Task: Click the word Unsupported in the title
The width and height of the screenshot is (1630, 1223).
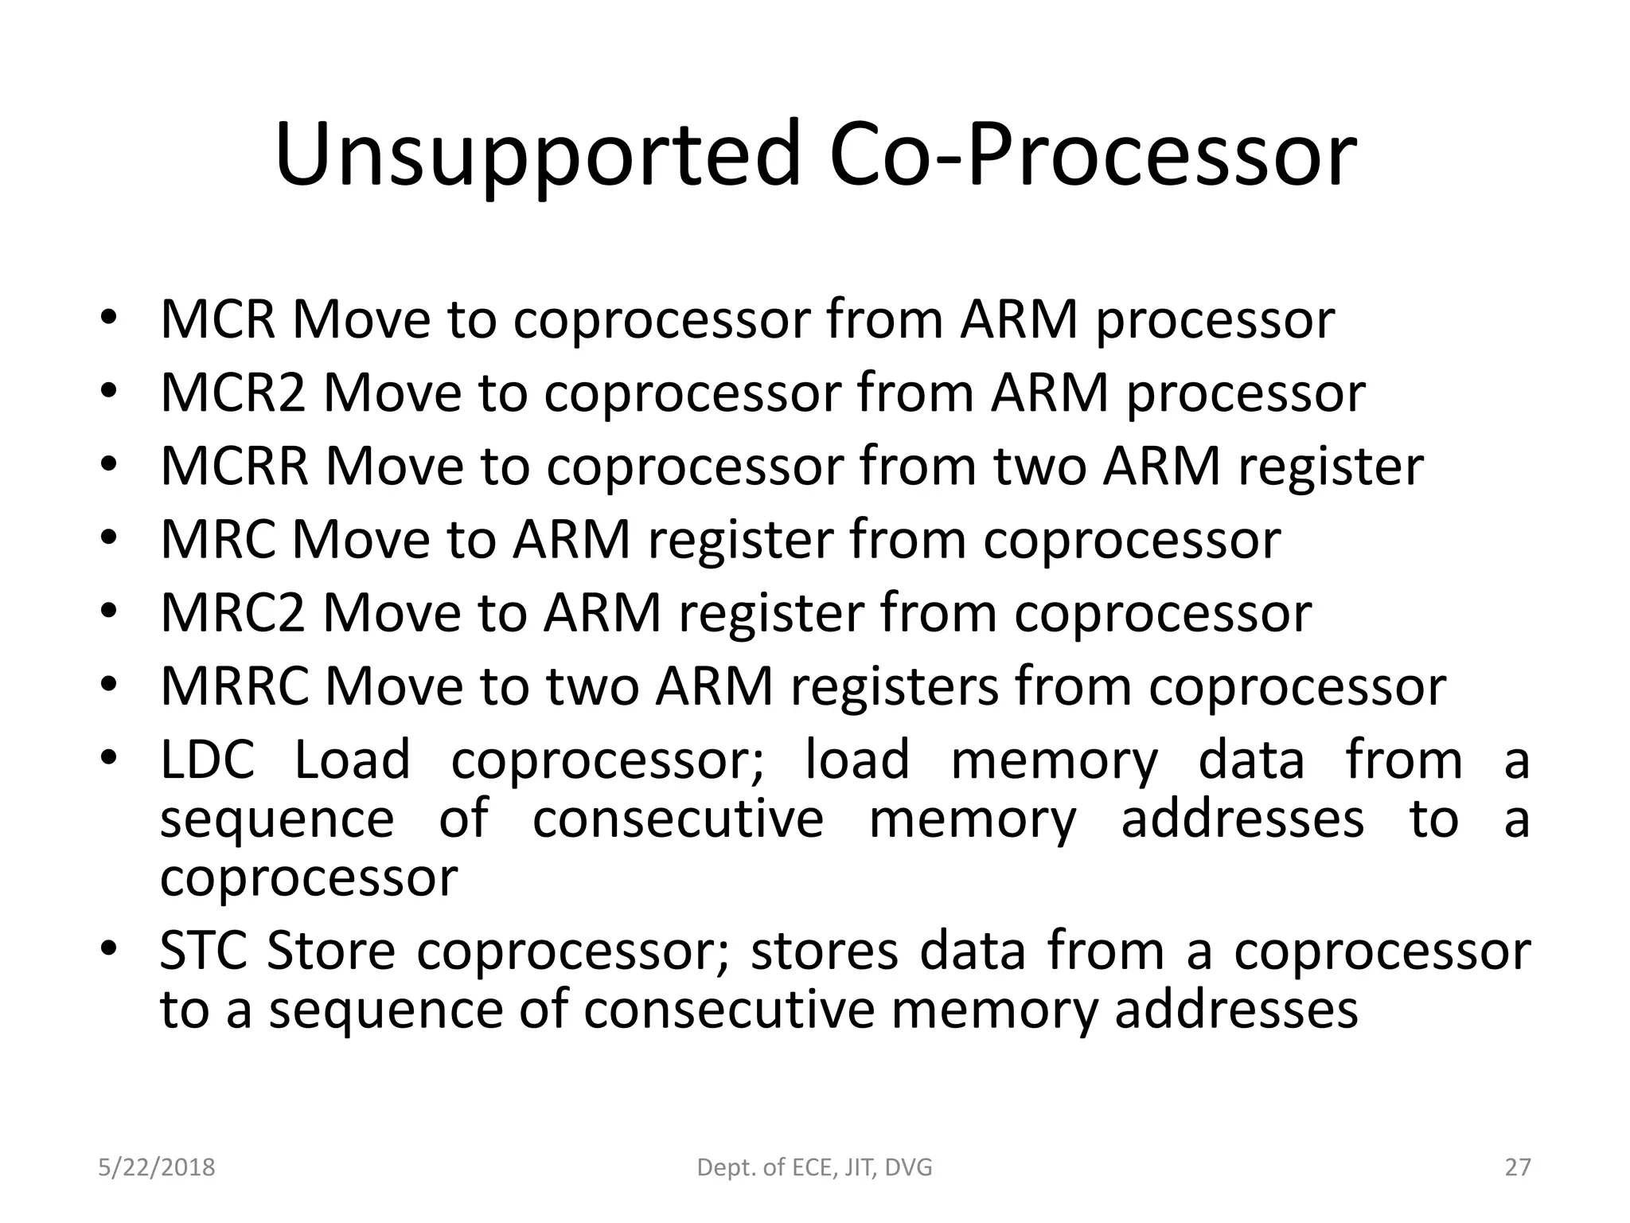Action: [536, 155]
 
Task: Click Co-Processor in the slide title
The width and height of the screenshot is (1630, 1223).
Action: [1092, 155]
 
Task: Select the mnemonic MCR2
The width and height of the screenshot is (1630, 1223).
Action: [232, 393]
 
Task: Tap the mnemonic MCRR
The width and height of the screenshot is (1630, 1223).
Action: [234, 466]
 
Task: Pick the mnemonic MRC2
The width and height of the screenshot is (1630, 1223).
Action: [232, 613]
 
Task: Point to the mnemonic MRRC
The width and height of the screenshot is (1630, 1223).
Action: [234, 686]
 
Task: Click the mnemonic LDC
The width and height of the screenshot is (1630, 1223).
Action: [207, 759]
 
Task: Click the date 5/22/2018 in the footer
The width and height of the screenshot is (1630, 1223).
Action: [157, 1167]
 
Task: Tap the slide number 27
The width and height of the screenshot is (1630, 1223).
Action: [1518, 1167]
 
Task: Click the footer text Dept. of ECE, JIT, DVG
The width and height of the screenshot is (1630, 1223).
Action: [814, 1167]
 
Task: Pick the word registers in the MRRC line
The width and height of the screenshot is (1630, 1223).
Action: [894, 686]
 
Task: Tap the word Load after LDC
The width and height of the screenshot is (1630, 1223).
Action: [352, 759]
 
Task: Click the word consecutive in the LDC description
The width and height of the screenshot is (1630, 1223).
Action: [677, 819]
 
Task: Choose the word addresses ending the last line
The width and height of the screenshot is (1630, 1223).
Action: [1236, 1010]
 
